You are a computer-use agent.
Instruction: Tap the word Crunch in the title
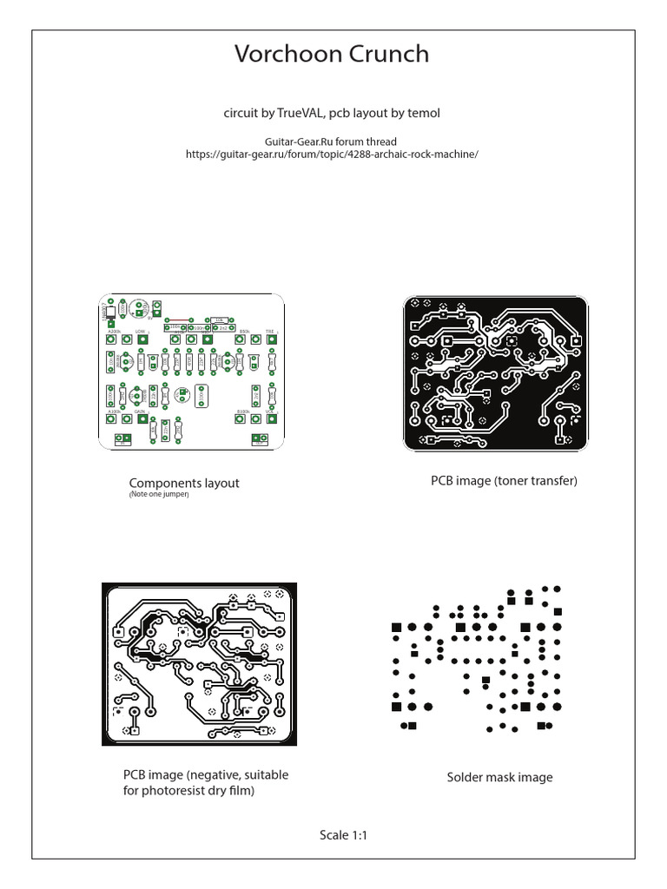tap(389, 54)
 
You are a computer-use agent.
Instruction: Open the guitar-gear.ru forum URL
tap(332, 154)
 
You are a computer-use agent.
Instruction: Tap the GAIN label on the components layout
tap(139, 412)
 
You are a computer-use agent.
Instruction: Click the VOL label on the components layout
tap(270, 412)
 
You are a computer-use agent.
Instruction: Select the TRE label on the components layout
tap(270, 332)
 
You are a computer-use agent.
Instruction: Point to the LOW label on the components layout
tap(140, 332)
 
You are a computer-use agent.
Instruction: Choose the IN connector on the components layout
tap(122, 438)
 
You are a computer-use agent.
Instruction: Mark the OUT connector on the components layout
tap(259, 438)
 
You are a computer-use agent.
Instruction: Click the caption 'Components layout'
tap(184, 483)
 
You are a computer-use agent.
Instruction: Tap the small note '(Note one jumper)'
tap(159, 495)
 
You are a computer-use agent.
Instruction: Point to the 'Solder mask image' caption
tap(499, 777)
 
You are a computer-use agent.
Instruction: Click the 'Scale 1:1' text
tap(345, 835)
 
